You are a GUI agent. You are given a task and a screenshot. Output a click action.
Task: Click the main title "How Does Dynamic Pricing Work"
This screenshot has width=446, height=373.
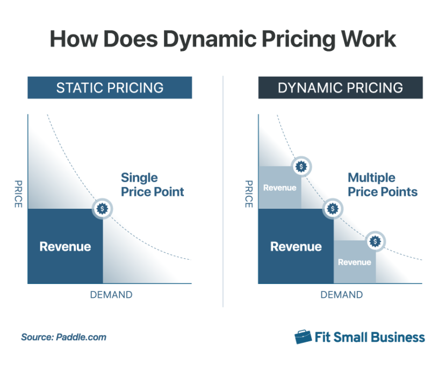[x=222, y=40]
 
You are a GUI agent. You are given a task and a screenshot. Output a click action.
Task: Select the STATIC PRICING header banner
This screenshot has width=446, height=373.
[x=110, y=87]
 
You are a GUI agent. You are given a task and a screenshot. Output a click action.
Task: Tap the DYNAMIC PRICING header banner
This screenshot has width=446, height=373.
[x=340, y=87]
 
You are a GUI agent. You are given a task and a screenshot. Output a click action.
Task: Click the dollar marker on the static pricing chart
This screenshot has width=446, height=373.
[x=102, y=208]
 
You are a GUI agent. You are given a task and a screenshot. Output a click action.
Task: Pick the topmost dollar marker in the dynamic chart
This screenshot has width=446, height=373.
[x=301, y=166]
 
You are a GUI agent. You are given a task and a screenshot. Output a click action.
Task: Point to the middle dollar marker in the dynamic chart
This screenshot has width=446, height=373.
[x=333, y=208]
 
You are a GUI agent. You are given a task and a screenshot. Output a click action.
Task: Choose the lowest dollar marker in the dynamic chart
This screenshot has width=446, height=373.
[x=375, y=241]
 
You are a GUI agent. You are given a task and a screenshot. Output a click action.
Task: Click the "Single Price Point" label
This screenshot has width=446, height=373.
[x=152, y=184]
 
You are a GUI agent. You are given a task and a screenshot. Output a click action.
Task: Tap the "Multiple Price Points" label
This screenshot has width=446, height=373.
[x=382, y=184]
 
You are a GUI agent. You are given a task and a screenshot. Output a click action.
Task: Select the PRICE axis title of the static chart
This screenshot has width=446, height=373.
[x=18, y=194]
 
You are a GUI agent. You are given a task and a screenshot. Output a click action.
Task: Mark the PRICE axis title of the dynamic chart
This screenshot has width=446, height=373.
[x=248, y=194]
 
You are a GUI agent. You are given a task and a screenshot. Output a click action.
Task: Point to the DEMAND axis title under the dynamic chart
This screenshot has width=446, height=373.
[x=341, y=295]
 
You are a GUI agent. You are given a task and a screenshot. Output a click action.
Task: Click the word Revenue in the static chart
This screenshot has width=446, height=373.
[x=65, y=247]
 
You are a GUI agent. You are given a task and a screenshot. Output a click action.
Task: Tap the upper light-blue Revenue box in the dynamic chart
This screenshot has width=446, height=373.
[x=279, y=188]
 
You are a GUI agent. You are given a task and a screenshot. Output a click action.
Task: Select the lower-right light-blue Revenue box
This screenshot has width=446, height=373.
[x=354, y=262]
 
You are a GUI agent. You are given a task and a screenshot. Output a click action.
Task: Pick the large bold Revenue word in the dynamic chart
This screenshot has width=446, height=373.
[x=296, y=247]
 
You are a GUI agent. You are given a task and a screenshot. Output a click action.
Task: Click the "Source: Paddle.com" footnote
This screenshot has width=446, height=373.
[x=63, y=338]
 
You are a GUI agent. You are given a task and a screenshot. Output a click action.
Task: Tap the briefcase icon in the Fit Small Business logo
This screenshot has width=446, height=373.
[x=303, y=337]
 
